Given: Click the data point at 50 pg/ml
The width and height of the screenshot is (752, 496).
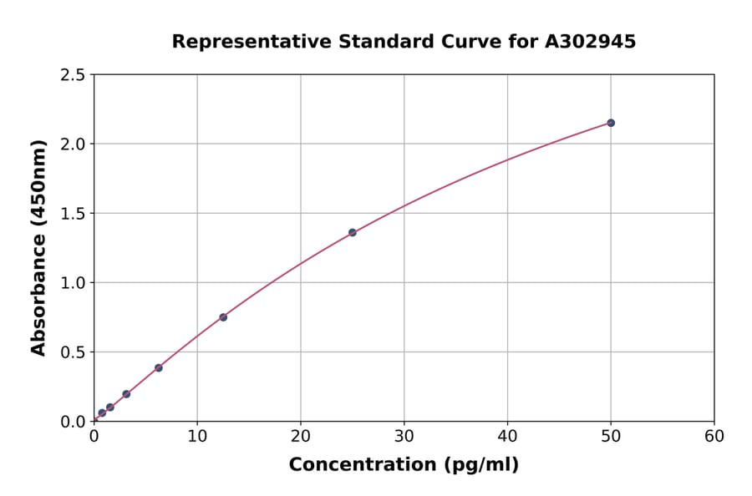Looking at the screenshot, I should coord(611,123).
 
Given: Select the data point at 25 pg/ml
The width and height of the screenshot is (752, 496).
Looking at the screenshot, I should coord(353,232).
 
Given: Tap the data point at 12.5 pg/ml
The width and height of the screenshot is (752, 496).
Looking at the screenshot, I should coord(223,317).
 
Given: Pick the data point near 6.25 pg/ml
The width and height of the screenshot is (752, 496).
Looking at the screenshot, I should coord(159,367).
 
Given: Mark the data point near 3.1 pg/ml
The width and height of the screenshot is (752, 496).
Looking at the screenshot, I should coord(126,394).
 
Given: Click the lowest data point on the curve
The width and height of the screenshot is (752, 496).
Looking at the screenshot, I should coord(102,412).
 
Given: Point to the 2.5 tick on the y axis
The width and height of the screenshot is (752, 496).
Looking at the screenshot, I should coord(73,75).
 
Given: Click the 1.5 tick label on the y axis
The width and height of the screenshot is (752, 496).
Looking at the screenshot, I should coord(73,214).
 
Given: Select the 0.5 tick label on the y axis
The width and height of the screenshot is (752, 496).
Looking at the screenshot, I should coord(73,352).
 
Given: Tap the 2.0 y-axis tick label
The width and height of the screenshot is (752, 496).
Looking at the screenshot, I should coord(73,144).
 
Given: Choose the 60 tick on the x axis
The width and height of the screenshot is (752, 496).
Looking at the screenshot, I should coord(714,436).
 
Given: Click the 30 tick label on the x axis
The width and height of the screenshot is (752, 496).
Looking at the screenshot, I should coord(404,436).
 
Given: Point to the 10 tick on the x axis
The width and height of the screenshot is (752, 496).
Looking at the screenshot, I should coord(197,436).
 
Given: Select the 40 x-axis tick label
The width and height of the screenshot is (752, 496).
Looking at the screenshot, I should coord(507,436).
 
